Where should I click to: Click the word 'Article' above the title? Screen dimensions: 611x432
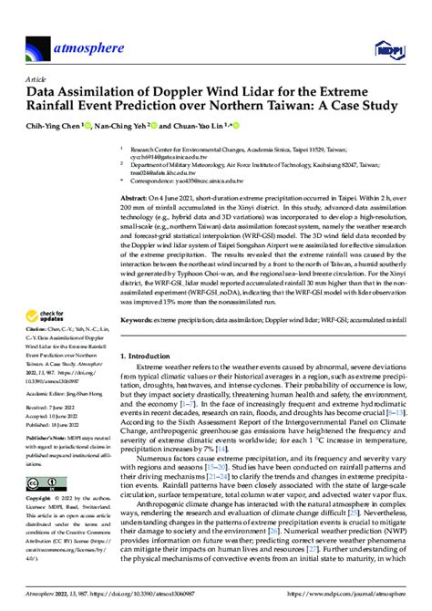click(37, 79)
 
